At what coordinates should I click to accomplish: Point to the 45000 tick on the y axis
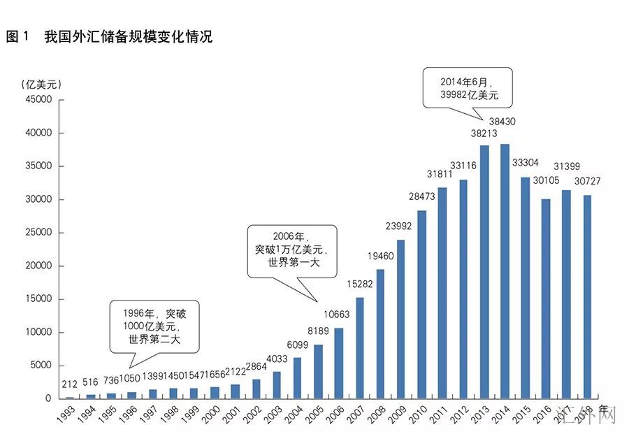click(x=38, y=100)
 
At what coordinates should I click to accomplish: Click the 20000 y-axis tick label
click(x=38, y=266)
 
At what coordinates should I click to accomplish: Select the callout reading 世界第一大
click(x=292, y=249)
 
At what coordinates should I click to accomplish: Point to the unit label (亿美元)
click(x=40, y=84)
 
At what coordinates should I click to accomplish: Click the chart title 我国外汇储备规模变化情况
click(x=128, y=37)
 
